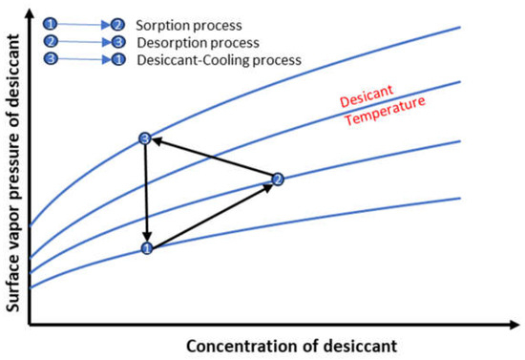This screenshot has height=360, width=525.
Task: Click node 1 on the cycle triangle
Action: click(147, 248)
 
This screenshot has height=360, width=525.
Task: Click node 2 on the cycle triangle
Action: click(278, 179)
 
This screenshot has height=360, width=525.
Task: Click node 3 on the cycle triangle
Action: click(145, 139)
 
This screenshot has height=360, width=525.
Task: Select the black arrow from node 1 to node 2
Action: click(212, 214)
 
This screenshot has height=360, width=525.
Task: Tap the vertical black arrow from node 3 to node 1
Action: click(146, 194)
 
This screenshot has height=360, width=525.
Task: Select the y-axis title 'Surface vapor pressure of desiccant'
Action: click(13, 172)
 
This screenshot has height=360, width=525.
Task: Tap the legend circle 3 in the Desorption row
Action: click(116, 41)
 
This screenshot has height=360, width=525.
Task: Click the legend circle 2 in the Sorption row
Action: click(116, 22)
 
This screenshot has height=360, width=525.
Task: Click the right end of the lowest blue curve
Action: click(460, 198)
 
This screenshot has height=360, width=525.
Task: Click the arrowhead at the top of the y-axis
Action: click(31, 12)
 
